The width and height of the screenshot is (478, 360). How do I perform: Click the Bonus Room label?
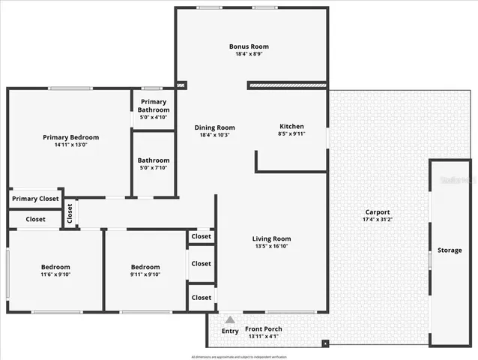tap(249, 46)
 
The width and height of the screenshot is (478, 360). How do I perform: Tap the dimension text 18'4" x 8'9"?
tap(249, 55)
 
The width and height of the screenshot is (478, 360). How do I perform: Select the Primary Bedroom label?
tap(70, 137)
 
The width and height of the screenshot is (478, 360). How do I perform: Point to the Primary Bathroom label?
tap(154, 106)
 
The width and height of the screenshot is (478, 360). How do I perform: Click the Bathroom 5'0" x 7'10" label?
tap(154, 160)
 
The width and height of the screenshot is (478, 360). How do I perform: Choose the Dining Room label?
tap(215, 127)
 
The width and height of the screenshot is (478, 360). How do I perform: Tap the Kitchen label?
tap(291, 126)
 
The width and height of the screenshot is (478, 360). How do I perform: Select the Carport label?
tap(378, 212)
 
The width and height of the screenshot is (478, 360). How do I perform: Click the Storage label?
tap(450, 250)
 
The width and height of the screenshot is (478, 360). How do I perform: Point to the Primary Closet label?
tap(35, 199)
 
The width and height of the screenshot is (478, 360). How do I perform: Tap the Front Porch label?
tap(263, 328)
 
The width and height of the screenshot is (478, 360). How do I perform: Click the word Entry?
tap(230, 331)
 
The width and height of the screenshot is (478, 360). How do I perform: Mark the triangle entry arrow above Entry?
tap(230, 319)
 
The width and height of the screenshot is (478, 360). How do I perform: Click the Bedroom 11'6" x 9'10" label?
tap(55, 267)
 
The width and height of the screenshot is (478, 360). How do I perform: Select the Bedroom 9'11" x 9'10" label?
tap(145, 267)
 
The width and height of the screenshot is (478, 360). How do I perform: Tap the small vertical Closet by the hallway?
tap(70, 214)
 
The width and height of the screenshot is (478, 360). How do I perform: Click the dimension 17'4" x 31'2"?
tap(378, 220)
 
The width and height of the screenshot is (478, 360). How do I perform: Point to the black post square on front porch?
tap(325, 344)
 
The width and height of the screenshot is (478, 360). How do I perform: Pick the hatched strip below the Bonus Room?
tap(288, 85)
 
